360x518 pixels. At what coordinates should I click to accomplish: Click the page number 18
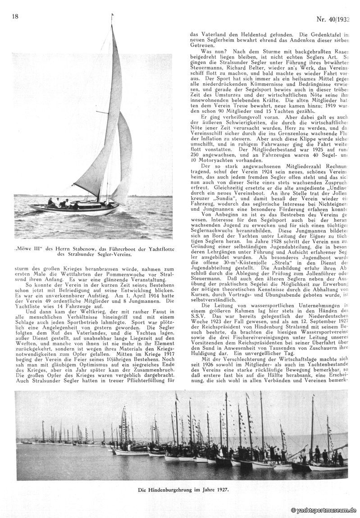click(15, 17)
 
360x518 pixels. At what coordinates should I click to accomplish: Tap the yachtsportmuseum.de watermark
click(324, 510)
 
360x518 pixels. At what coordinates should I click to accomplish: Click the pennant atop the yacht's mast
click(112, 18)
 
